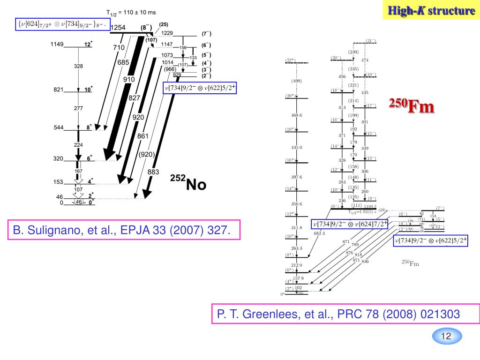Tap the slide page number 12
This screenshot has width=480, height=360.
click(x=446, y=336)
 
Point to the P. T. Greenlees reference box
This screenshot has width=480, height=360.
click(x=345, y=314)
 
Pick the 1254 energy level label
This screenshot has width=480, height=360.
click(x=118, y=28)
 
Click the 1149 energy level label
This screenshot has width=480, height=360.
click(x=57, y=45)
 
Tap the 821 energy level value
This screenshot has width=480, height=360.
click(x=58, y=90)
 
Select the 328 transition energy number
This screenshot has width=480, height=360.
click(x=78, y=66)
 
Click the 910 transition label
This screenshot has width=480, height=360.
click(x=129, y=79)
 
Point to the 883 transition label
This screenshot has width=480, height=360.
click(x=153, y=172)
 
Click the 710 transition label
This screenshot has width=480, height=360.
click(x=119, y=47)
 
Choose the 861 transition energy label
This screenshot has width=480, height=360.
click(x=143, y=136)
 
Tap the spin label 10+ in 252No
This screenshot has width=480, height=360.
click(x=88, y=89)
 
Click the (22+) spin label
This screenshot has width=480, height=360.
click(x=290, y=60)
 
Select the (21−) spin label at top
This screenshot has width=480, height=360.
click(x=371, y=41)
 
